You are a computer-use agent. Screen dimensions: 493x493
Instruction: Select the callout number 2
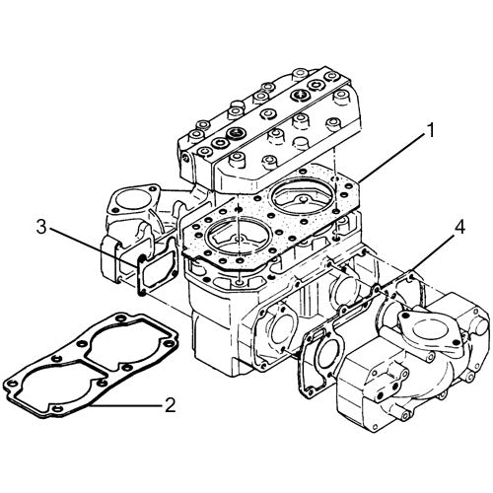[170, 404]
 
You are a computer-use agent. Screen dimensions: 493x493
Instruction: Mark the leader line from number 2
[133, 405]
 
